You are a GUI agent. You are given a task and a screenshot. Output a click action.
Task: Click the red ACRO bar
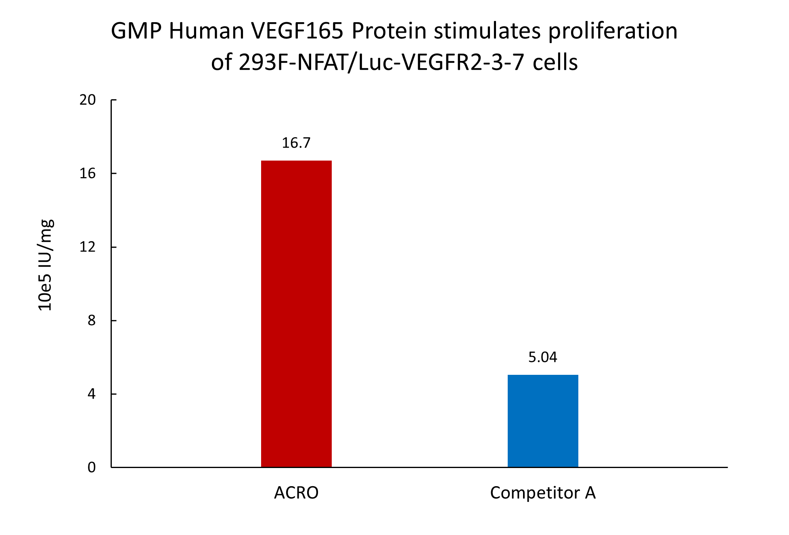point(296,314)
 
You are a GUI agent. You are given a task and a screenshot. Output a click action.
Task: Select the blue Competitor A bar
point(543,421)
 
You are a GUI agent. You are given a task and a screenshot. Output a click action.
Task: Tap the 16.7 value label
point(296,143)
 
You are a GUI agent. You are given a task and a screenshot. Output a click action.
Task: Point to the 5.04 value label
point(543,357)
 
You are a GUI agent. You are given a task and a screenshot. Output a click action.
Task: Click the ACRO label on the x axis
point(296,493)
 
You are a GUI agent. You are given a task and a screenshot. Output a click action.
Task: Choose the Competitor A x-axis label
point(543,493)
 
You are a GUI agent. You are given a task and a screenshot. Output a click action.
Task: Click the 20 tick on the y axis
point(88,100)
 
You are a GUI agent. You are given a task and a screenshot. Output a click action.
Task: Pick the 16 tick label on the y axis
point(88,173)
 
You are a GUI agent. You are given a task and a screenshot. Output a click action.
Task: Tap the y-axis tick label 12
point(88,247)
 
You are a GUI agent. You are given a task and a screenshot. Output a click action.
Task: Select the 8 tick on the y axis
point(92,320)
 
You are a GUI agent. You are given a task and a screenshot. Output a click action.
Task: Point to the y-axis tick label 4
point(92,394)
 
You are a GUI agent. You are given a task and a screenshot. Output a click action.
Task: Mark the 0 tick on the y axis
point(92,467)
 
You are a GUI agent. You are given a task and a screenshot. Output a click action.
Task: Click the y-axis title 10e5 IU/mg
point(45,265)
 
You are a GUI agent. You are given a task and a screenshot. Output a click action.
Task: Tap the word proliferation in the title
point(613,31)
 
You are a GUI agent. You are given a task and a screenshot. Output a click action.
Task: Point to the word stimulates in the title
point(487,31)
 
